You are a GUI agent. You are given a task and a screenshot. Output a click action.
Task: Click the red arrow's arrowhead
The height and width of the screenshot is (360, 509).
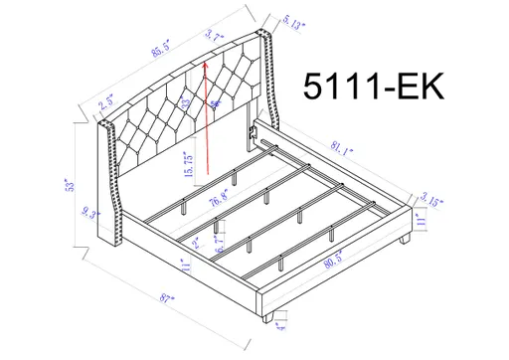point(204,62)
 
